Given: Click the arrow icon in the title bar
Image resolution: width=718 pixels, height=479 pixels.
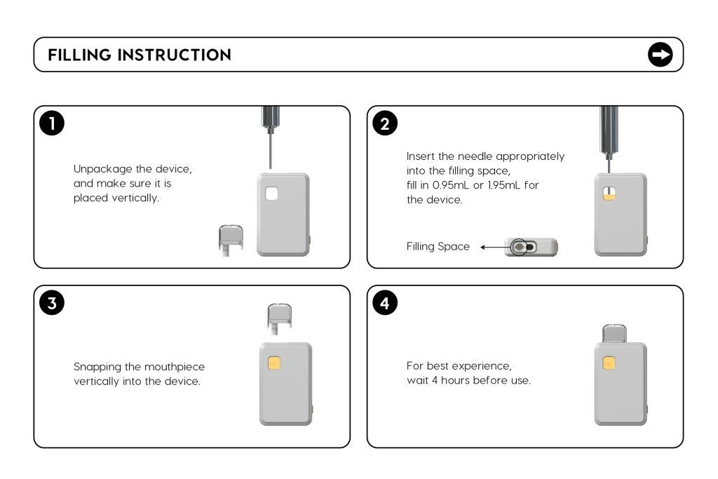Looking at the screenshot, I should pyautogui.click(x=660, y=55).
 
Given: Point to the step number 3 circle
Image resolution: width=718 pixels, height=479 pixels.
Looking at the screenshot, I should pyautogui.click(x=52, y=303).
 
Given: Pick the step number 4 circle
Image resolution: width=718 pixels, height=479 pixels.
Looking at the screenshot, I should pyautogui.click(x=385, y=303).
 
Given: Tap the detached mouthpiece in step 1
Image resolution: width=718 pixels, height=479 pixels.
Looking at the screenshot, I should pyautogui.click(x=230, y=239).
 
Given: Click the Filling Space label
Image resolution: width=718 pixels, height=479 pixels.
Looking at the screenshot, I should pyautogui.click(x=438, y=247).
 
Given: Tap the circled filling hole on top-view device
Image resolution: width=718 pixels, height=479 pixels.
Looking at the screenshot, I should pyautogui.click(x=519, y=247).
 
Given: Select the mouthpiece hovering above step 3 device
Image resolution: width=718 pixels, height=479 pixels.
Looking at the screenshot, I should pyautogui.click(x=280, y=316).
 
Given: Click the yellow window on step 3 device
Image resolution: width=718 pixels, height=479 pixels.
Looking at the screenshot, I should pyautogui.click(x=275, y=363).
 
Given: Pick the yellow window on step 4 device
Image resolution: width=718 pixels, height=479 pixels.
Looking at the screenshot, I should pyautogui.click(x=609, y=363).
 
